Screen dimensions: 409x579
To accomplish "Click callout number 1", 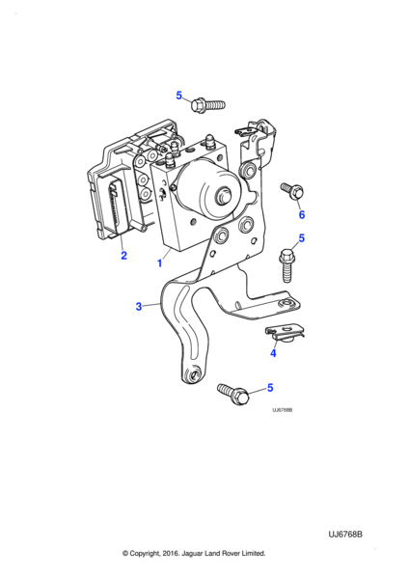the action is point(159,263).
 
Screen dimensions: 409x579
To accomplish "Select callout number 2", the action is point(123,255).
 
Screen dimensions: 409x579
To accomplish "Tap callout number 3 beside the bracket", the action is point(139,307).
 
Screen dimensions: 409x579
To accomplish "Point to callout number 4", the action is point(273,353).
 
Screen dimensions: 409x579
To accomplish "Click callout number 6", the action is point(302,214).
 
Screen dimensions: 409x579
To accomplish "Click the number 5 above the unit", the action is point(179,96).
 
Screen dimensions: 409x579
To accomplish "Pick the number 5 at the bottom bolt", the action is point(270,388).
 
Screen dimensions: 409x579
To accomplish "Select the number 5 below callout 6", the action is point(302,238).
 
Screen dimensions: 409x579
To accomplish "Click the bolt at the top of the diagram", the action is point(207,105).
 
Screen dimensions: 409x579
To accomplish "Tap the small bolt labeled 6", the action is point(292,190).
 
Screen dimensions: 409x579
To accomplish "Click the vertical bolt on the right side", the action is point(286,266).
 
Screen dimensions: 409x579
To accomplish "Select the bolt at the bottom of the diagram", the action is point(233,395).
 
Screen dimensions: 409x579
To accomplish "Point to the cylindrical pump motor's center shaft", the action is point(224,195).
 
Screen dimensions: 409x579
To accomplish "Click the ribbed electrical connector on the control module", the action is point(117,207).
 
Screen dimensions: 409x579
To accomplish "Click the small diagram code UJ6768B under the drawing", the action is point(283,410).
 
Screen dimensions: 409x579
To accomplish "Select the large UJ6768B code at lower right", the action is point(345,535).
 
